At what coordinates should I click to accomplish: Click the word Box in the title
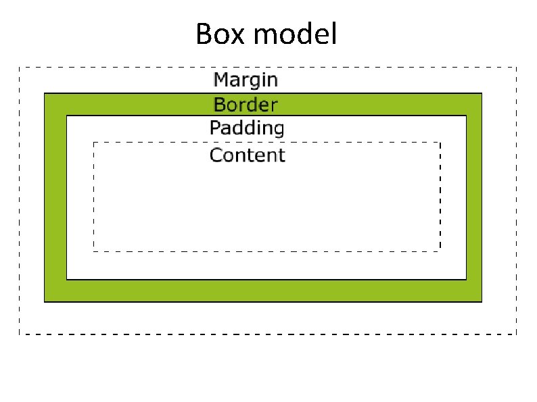[x=220, y=34]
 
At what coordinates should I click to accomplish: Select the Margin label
[x=246, y=80]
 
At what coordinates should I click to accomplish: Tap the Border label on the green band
[x=246, y=105]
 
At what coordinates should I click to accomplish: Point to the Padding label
[x=246, y=128]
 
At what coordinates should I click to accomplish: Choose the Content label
[x=247, y=155]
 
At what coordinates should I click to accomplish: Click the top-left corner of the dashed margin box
[x=19, y=67]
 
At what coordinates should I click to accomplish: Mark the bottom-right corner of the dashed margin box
[x=516, y=334]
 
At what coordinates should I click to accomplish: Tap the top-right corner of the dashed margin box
[x=516, y=67]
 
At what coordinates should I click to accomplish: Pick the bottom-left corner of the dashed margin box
[x=19, y=334]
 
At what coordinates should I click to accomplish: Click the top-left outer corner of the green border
[x=45, y=93]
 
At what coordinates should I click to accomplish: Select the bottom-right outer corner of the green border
[x=482, y=301]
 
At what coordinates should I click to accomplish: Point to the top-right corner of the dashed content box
[x=440, y=143]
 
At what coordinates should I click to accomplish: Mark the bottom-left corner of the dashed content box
[x=93, y=251]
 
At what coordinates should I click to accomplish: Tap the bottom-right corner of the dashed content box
[x=440, y=251]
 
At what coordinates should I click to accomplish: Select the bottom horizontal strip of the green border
[x=263, y=291]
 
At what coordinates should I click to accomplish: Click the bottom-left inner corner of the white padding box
[x=67, y=279]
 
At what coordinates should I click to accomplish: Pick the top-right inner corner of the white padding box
[x=466, y=116]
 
